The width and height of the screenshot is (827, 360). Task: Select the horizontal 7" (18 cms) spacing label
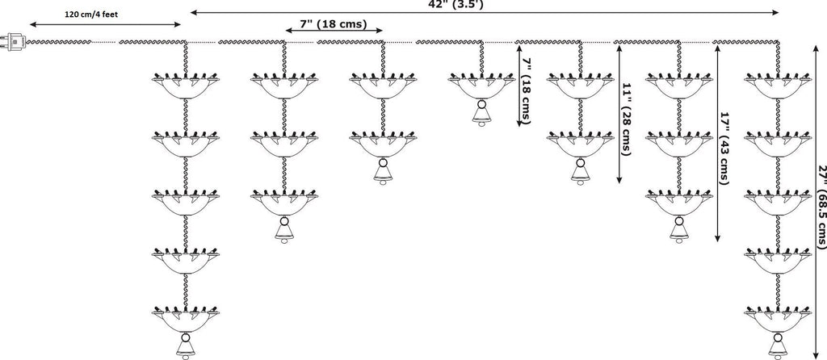[x=333, y=24]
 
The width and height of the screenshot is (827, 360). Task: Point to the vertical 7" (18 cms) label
[x=527, y=90]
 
